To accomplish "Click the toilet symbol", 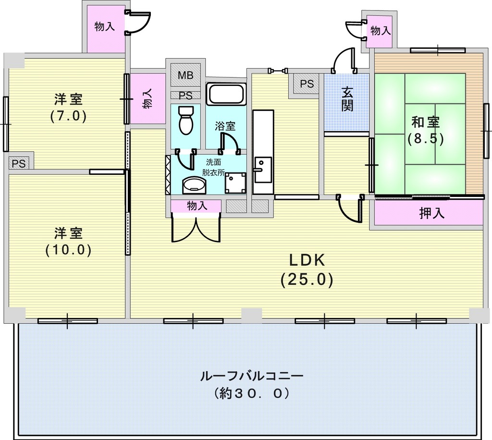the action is [186, 120].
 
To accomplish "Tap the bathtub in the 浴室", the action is [226, 94].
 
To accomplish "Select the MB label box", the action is [185, 75].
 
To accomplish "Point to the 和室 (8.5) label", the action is [426, 130].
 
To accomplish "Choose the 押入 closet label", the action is [432, 213].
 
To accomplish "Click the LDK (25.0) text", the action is [307, 269].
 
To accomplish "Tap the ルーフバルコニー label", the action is [252, 376].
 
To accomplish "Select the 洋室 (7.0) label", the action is [68, 108].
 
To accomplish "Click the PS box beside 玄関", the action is [307, 84].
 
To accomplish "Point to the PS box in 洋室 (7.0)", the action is [19, 163].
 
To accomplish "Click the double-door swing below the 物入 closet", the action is [197, 228].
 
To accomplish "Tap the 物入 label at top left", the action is [105, 26].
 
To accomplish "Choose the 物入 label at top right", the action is [381, 30].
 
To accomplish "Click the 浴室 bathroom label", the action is [225, 126].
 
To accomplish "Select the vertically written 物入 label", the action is [148, 98].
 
